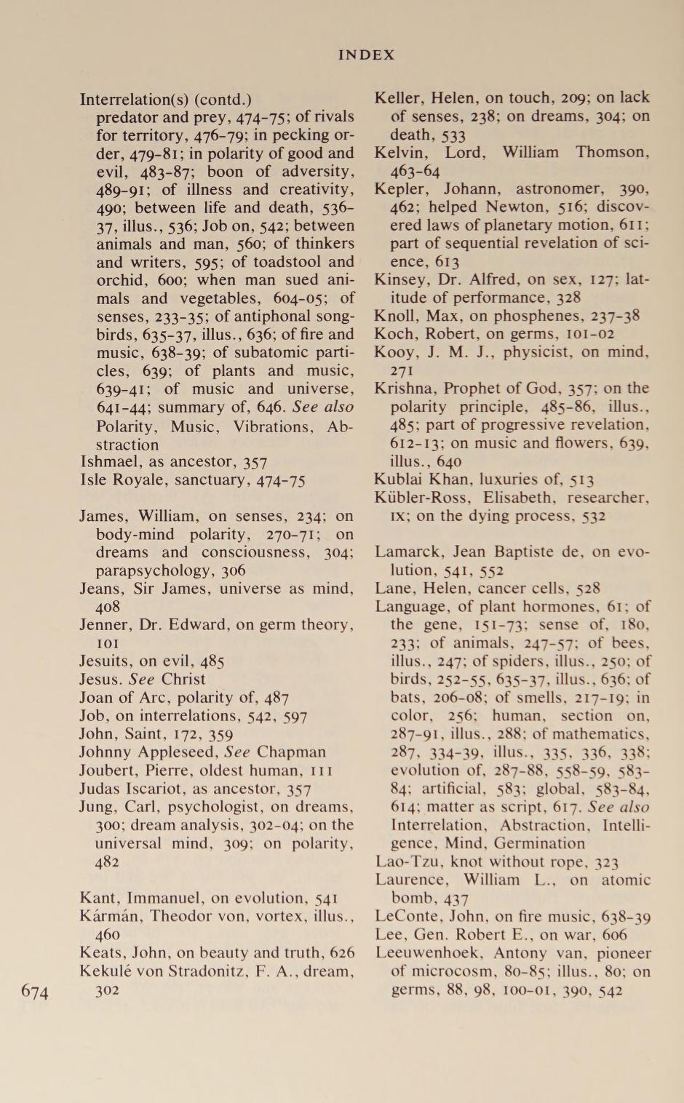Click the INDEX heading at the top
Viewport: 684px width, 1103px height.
point(366,55)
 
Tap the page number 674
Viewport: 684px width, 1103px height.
point(35,991)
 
